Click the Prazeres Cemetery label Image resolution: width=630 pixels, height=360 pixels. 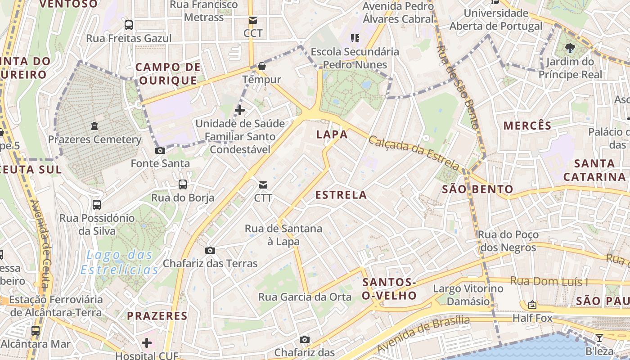click(94, 139)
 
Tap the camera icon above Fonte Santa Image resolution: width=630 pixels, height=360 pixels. click(160, 150)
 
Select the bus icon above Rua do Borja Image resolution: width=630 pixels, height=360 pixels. click(183, 184)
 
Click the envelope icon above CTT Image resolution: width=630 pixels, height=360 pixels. click(263, 184)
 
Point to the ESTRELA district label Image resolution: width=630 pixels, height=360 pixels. click(341, 195)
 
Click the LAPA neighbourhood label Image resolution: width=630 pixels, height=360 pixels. click(332, 134)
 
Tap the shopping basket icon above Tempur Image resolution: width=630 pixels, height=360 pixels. click(262, 67)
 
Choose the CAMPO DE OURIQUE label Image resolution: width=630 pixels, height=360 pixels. click(168, 74)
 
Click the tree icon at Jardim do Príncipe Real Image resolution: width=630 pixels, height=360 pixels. click(570, 48)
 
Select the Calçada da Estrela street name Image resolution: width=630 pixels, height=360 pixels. click(414, 153)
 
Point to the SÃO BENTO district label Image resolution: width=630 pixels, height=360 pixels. click(477, 189)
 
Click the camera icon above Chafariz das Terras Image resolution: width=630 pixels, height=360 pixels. click(210, 250)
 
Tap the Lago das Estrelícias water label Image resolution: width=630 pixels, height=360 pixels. click(120, 262)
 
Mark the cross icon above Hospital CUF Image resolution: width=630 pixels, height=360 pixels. click(147, 343)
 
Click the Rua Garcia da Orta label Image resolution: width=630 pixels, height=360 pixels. click(305, 297)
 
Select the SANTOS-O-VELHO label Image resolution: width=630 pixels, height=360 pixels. click(390, 288)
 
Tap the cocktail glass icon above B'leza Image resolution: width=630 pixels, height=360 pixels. click(599, 337)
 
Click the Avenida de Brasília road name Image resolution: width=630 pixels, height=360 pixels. click(423, 334)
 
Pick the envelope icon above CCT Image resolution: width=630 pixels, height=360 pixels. click(252, 20)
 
